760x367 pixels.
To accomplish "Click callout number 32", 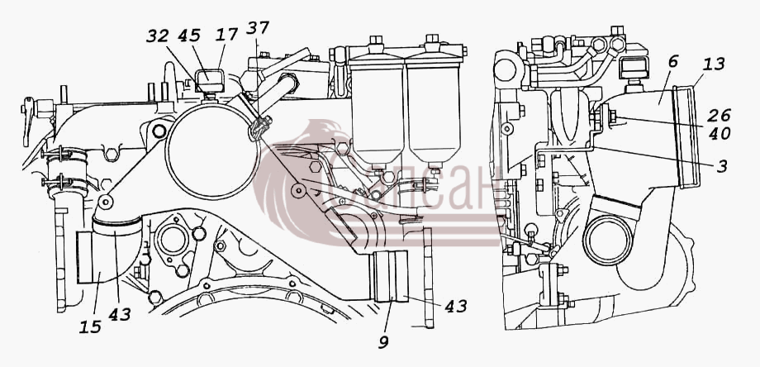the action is (158, 36).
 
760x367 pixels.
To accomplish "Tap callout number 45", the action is (189, 36).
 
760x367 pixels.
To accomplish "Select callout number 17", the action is (227, 35).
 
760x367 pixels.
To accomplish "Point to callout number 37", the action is (257, 28).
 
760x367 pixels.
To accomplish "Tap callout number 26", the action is (720, 116).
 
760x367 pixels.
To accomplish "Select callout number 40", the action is (720, 133).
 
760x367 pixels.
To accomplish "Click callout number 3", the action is (722, 166).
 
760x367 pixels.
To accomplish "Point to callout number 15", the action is (91, 326).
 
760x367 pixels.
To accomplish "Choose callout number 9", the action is (383, 342).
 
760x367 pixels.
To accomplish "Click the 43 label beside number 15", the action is (119, 314).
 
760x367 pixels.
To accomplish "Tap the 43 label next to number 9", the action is (454, 306).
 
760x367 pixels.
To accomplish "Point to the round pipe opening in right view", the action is (608, 240).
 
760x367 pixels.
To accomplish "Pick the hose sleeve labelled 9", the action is (389, 276).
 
